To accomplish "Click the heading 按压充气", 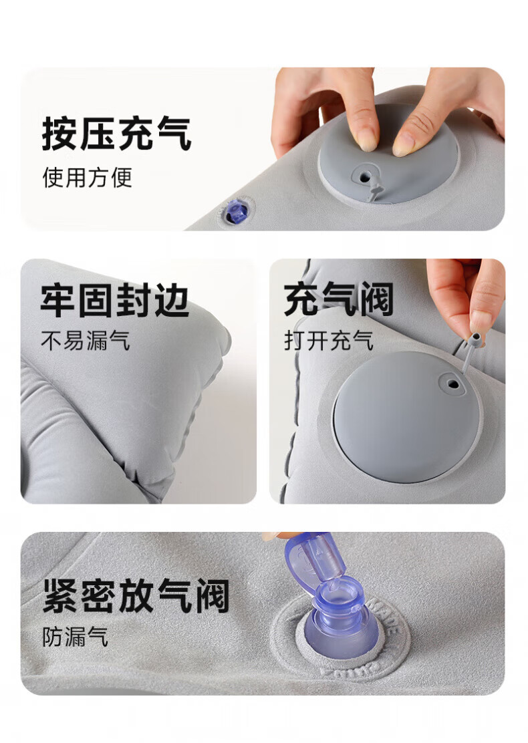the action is pyautogui.click(x=116, y=134).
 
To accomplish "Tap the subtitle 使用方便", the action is pyautogui.click(x=87, y=178).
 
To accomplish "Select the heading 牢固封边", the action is pyautogui.click(x=115, y=300).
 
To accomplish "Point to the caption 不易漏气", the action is pyautogui.click(x=86, y=340).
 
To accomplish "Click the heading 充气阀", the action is pyautogui.click(x=338, y=299).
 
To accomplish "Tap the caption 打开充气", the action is pyautogui.click(x=329, y=340).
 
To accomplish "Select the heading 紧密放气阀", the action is pyautogui.click(x=136, y=595).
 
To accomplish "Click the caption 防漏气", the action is pyautogui.click(x=76, y=637).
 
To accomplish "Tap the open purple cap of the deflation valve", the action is pyautogui.click(x=307, y=560).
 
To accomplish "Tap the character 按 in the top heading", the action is pyautogui.click(x=59, y=134).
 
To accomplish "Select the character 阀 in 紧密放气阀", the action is pyautogui.click(x=212, y=595).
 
